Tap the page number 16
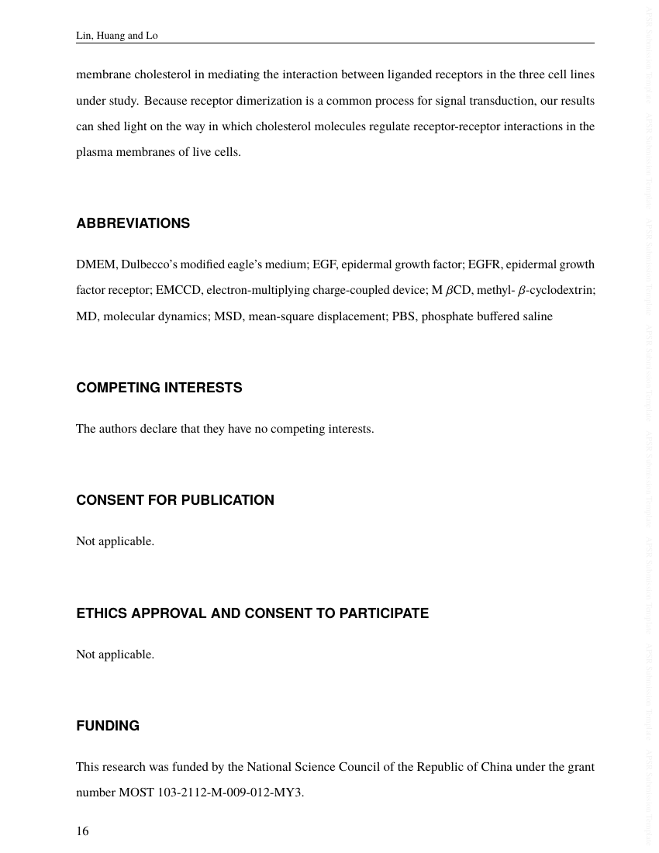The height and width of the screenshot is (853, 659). click(x=82, y=831)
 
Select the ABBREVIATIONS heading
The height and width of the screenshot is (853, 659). click(x=133, y=223)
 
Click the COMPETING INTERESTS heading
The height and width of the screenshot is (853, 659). click(x=159, y=388)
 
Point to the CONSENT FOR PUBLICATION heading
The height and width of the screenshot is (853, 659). click(x=174, y=500)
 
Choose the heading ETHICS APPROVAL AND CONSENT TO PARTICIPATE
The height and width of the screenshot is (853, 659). click(x=252, y=613)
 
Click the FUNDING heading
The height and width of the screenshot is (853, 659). click(x=108, y=726)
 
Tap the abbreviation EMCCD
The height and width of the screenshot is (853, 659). click(x=178, y=291)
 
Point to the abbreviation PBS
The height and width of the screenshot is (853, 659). click(x=404, y=316)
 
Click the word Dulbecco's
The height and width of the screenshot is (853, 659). click(x=148, y=264)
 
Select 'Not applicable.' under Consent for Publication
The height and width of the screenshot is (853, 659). click(x=115, y=541)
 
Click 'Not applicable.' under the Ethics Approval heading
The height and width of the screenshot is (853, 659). click(x=115, y=654)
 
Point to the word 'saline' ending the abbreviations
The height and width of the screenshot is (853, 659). click(x=537, y=316)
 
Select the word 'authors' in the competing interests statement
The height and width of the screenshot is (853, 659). click(x=117, y=429)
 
